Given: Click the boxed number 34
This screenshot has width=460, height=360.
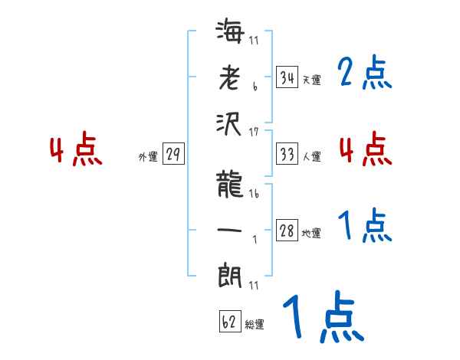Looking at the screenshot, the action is point(287,77).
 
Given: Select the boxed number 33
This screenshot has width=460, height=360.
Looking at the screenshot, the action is point(287,154).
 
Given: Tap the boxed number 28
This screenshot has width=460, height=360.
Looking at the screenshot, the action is point(287,231).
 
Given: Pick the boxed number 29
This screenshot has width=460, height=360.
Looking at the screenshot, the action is point(173,155).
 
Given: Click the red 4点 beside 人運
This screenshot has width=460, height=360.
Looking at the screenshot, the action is point(365,149).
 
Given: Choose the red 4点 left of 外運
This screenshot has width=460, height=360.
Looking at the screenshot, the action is point(75,150).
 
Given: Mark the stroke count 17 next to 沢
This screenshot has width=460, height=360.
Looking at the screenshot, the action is point(254,133).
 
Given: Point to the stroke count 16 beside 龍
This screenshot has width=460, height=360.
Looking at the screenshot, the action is point(254,194).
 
